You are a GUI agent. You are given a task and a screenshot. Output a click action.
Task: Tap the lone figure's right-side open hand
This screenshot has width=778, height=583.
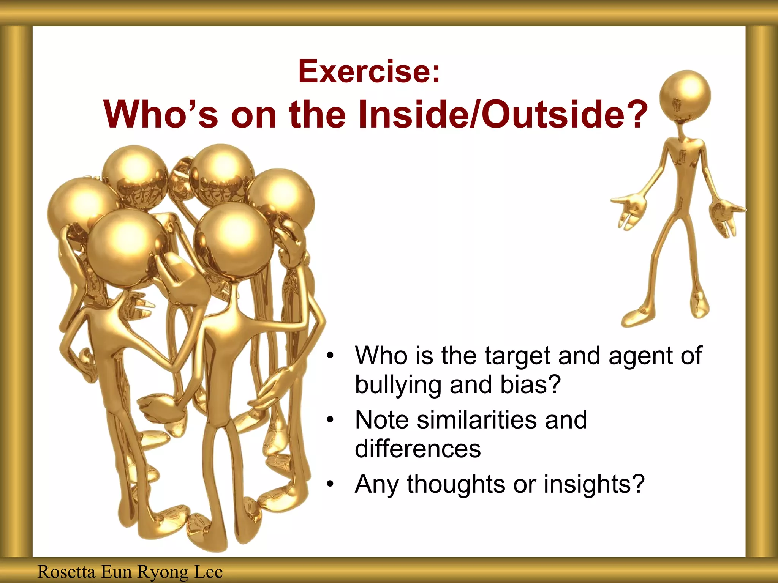pyautogui.click(x=726, y=216)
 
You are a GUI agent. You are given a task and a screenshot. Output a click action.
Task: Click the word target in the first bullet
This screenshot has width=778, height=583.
pyautogui.click(x=517, y=356)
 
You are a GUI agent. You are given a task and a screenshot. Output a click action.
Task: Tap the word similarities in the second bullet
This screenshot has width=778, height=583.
pyautogui.click(x=477, y=420)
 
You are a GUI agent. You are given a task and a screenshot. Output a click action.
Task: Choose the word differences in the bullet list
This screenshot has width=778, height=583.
pyautogui.click(x=417, y=449)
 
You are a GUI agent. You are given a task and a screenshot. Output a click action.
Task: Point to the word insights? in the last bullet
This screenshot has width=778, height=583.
pyautogui.click(x=594, y=484)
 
